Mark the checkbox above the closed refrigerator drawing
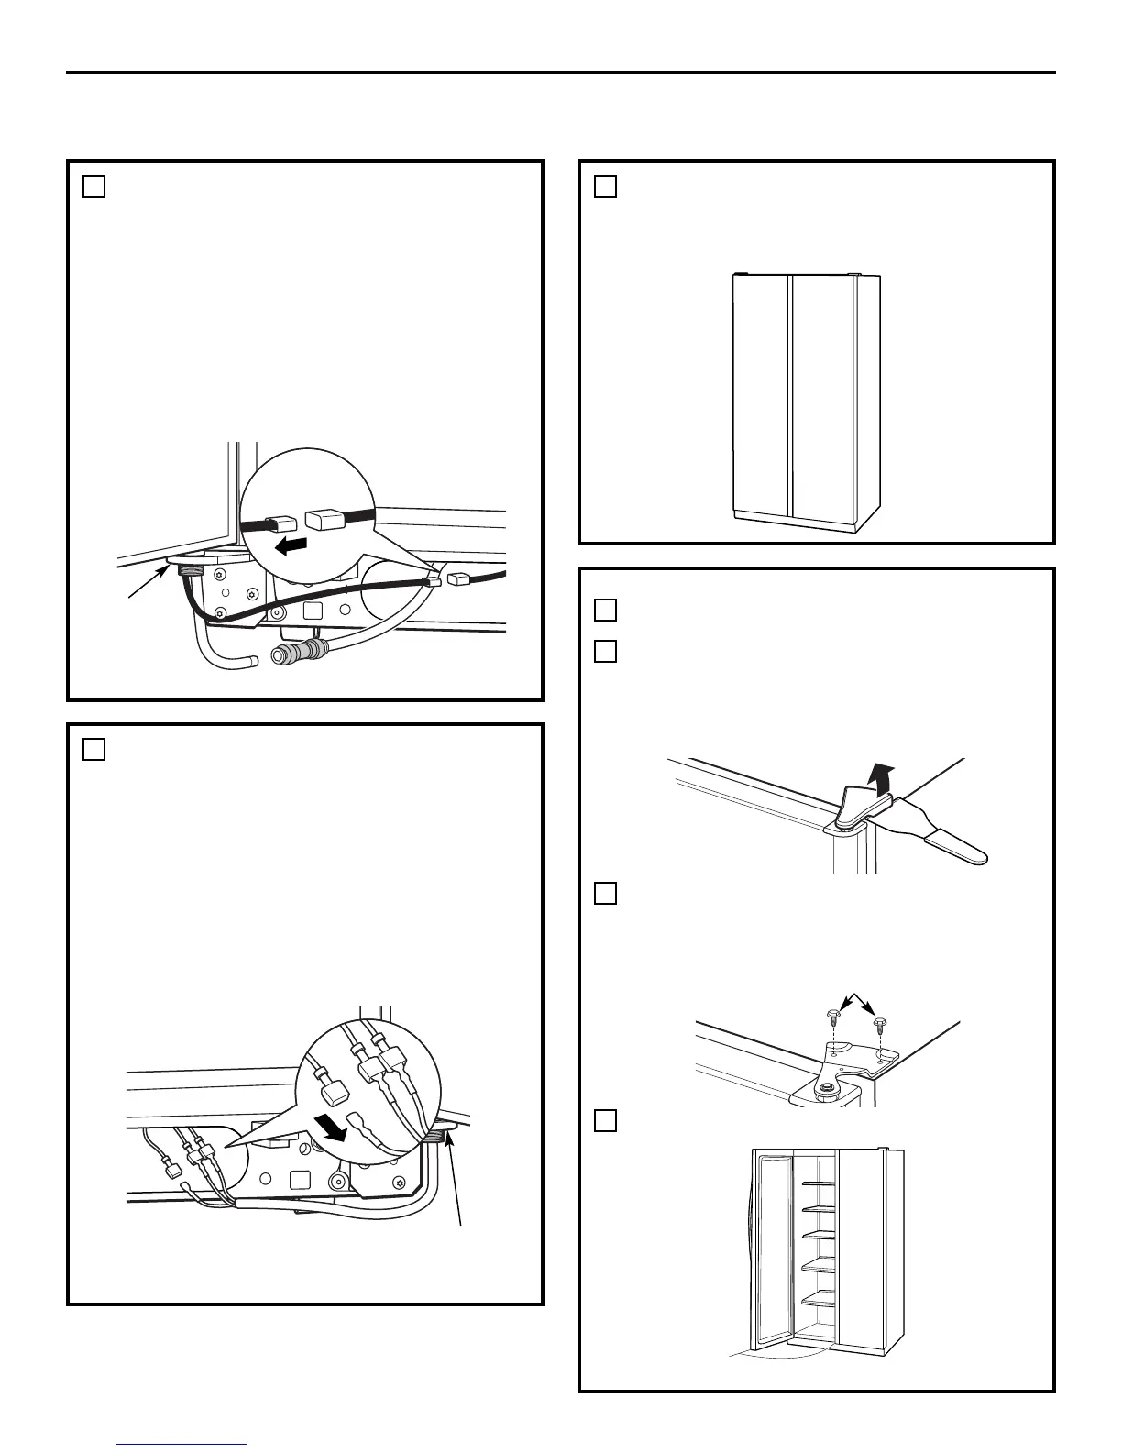[x=605, y=186]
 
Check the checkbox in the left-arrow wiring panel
[x=93, y=186]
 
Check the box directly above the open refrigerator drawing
[x=605, y=1121]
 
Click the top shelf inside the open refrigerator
[x=819, y=1183]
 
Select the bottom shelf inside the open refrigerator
[x=819, y=1300]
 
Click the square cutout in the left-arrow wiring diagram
[x=313, y=609]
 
